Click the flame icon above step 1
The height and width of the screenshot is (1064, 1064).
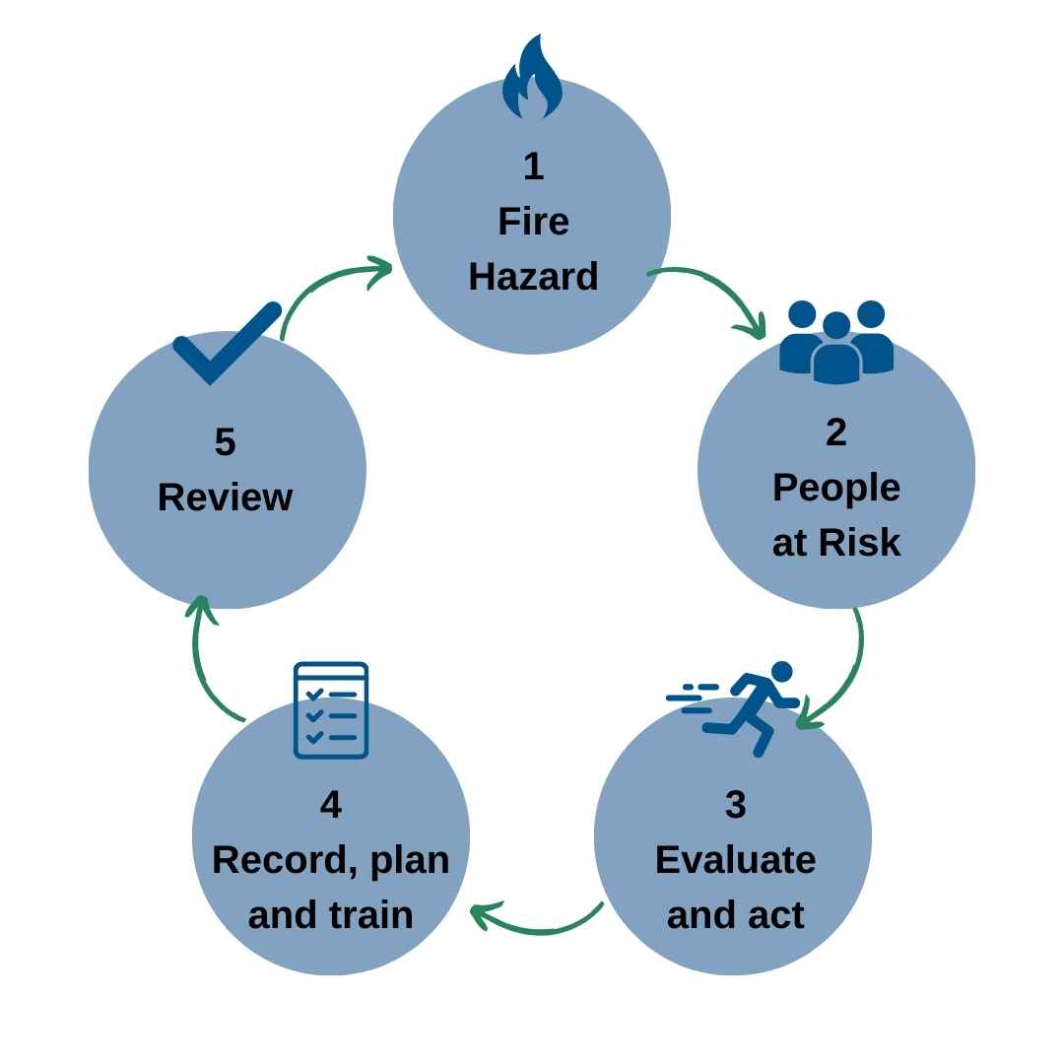(532, 79)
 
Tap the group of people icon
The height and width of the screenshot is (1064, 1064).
(835, 341)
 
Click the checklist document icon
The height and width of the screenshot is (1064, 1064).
(331, 710)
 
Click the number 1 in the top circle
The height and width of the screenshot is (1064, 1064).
(533, 166)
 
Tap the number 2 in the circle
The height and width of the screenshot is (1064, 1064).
(835, 432)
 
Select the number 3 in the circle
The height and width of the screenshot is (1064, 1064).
(735, 804)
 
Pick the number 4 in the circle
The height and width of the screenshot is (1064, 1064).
(331, 804)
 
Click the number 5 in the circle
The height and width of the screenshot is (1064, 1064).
(225, 441)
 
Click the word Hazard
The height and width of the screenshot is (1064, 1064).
(533, 277)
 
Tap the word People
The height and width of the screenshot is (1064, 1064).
(835, 488)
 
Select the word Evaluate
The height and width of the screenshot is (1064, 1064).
(735, 860)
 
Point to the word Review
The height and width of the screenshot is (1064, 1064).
(225, 498)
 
